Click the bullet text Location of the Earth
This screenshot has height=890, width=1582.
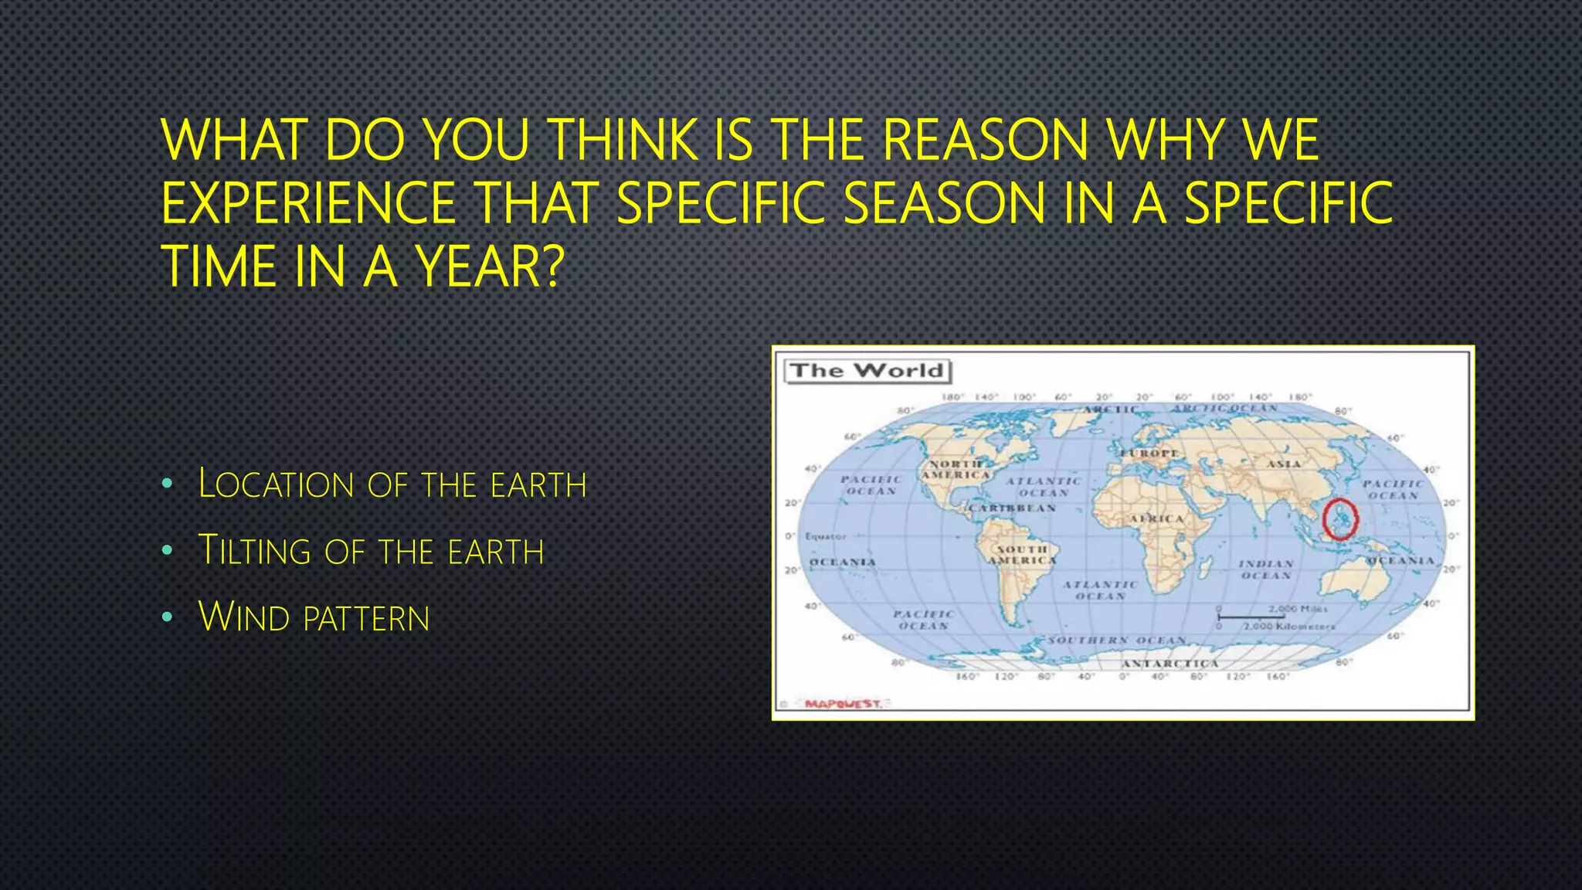pyautogui.click(x=392, y=484)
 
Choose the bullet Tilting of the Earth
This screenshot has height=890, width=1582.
pyautogui.click(x=371, y=551)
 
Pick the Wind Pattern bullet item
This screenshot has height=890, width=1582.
pyautogui.click(x=314, y=617)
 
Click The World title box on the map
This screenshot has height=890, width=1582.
pyautogui.click(x=867, y=371)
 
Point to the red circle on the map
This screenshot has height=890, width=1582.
pyautogui.click(x=1339, y=518)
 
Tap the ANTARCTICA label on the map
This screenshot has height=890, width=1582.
pyautogui.click(x=1170, y=664)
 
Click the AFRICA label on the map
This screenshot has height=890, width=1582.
pyautogui.click(x=1156, y=518)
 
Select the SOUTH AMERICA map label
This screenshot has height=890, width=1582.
pyautogui.click(x=1022, y=555)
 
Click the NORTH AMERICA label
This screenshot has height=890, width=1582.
pyautogui.click(x=956, y=470)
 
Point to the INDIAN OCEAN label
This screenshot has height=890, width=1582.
pyautogui.click(x=1266, y=569)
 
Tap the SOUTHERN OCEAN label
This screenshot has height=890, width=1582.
pyautogui.click(x=1116, y=640)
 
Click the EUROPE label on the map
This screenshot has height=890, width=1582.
pyautogui.click(x=1150, y=453)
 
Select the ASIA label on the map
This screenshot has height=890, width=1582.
pyautogui.click(x=1283, y=464)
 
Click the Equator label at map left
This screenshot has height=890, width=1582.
pyautogui.click(x=825, y=535)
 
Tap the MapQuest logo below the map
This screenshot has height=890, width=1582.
pyautogui.click(x=842, y=703)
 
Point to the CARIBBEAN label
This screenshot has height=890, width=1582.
pyautogui.click(x=1012, y=508)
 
